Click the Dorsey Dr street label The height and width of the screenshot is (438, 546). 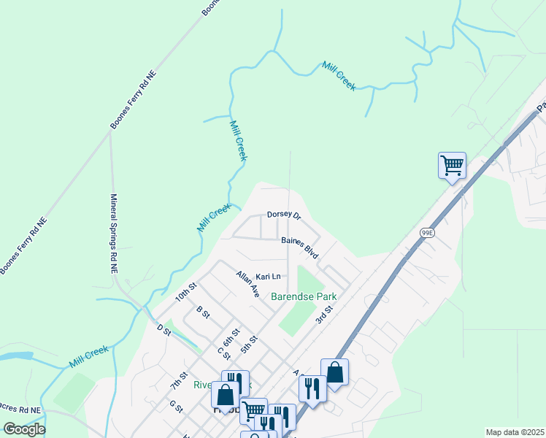pyautogui.click(x=284, y=215)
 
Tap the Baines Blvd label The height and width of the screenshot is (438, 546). pyautogui.click(x=300, y=246)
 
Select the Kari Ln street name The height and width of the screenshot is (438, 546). pyautogui.click(x=268, y=277)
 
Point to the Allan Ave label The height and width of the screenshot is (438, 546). pyautogui.click(x=248, y=284)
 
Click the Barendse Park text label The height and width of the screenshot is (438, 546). pyautogui.click(x=304, y=297)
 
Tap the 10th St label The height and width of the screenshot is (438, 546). pyautogui.click(x=186, y=293)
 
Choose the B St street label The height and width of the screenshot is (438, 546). pyautogui.click(x=203, y=312)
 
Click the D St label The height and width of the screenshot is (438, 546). pyautogui.click(x=163, y=331)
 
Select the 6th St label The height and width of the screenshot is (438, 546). pyautogui.click(x=231, y=337)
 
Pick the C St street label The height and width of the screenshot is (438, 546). pyautogui.click(x=224, y=353)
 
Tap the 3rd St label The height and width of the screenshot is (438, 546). pyautogui.click(x=324, y=315)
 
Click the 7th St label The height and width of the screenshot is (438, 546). pyautogui.click(x=179, y=380)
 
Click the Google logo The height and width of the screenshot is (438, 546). pyautogui.click(x=23, y=429)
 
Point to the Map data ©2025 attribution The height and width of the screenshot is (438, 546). pyautogui.click(x=515, y=432)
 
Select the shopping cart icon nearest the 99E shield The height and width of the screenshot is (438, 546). pyautogui.click(x=452, y=165)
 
